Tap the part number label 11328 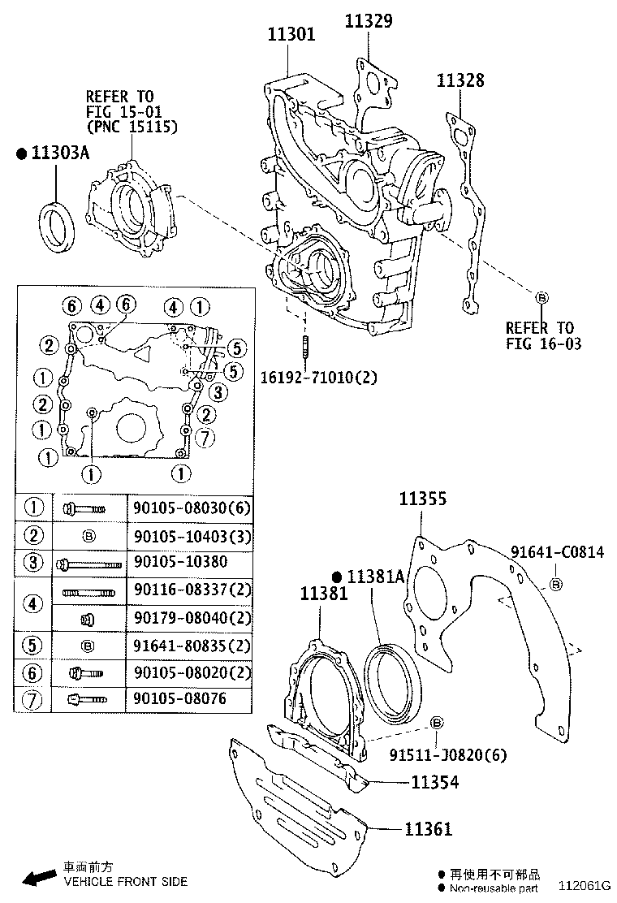[x=460, y=80]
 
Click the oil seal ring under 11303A [x=58, y=227]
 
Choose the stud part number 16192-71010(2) [x=318, y=377]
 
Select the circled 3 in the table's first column [x=33, y=562]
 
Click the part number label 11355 [x=422, y=499]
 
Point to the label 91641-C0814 [x=557, y=552]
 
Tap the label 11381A [x=374, y=577]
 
